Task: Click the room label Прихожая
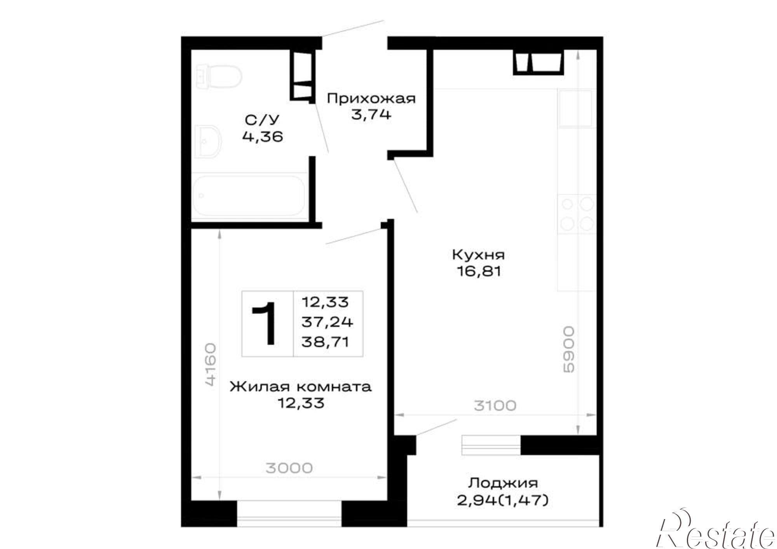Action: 371,99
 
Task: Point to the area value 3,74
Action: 371,115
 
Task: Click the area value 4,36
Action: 262,136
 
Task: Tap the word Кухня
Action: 479,255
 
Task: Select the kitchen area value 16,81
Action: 479,271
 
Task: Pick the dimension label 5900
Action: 568,349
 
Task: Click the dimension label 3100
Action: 495,406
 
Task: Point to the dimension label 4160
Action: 209,364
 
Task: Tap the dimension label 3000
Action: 289,468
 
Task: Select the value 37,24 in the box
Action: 327,322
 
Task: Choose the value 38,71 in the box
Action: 326,342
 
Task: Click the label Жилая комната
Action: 300,387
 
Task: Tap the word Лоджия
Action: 503,483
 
